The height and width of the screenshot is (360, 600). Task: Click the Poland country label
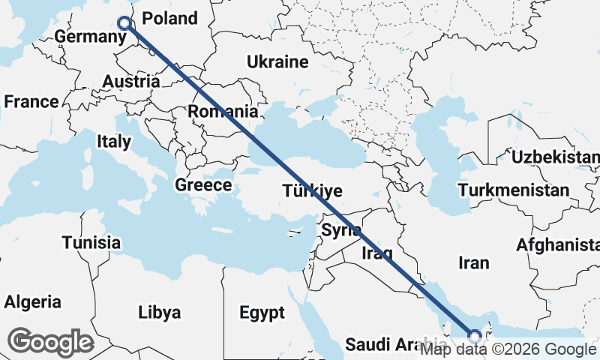(x=169, y=19)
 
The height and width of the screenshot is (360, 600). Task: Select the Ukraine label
(x=277, y=61)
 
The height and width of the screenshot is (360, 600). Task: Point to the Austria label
(x=130, y=81)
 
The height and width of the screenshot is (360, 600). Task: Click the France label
(x=31, y=101)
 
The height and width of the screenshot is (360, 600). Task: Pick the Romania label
(x=223, y=111)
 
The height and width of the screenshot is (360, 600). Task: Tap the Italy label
(x=114, y=141)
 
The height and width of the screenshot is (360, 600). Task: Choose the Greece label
(x=202, y=184)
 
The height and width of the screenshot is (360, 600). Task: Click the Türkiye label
(x=313, y=191)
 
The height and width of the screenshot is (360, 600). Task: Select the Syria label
(x=341, y=230)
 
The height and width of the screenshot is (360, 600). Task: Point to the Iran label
(x=474, y=262)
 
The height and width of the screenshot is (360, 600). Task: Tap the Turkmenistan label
(x=514, y=190)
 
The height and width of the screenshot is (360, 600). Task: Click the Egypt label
(x=262, y=311)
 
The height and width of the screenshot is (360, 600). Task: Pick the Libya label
(x=159, y=311)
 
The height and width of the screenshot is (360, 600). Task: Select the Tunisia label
(x=91, y=242)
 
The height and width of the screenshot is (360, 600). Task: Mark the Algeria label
(x=33, y=302)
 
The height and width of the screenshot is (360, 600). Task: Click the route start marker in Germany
(x=125, y=24)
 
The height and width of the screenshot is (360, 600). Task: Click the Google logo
(x=51, y=342)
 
